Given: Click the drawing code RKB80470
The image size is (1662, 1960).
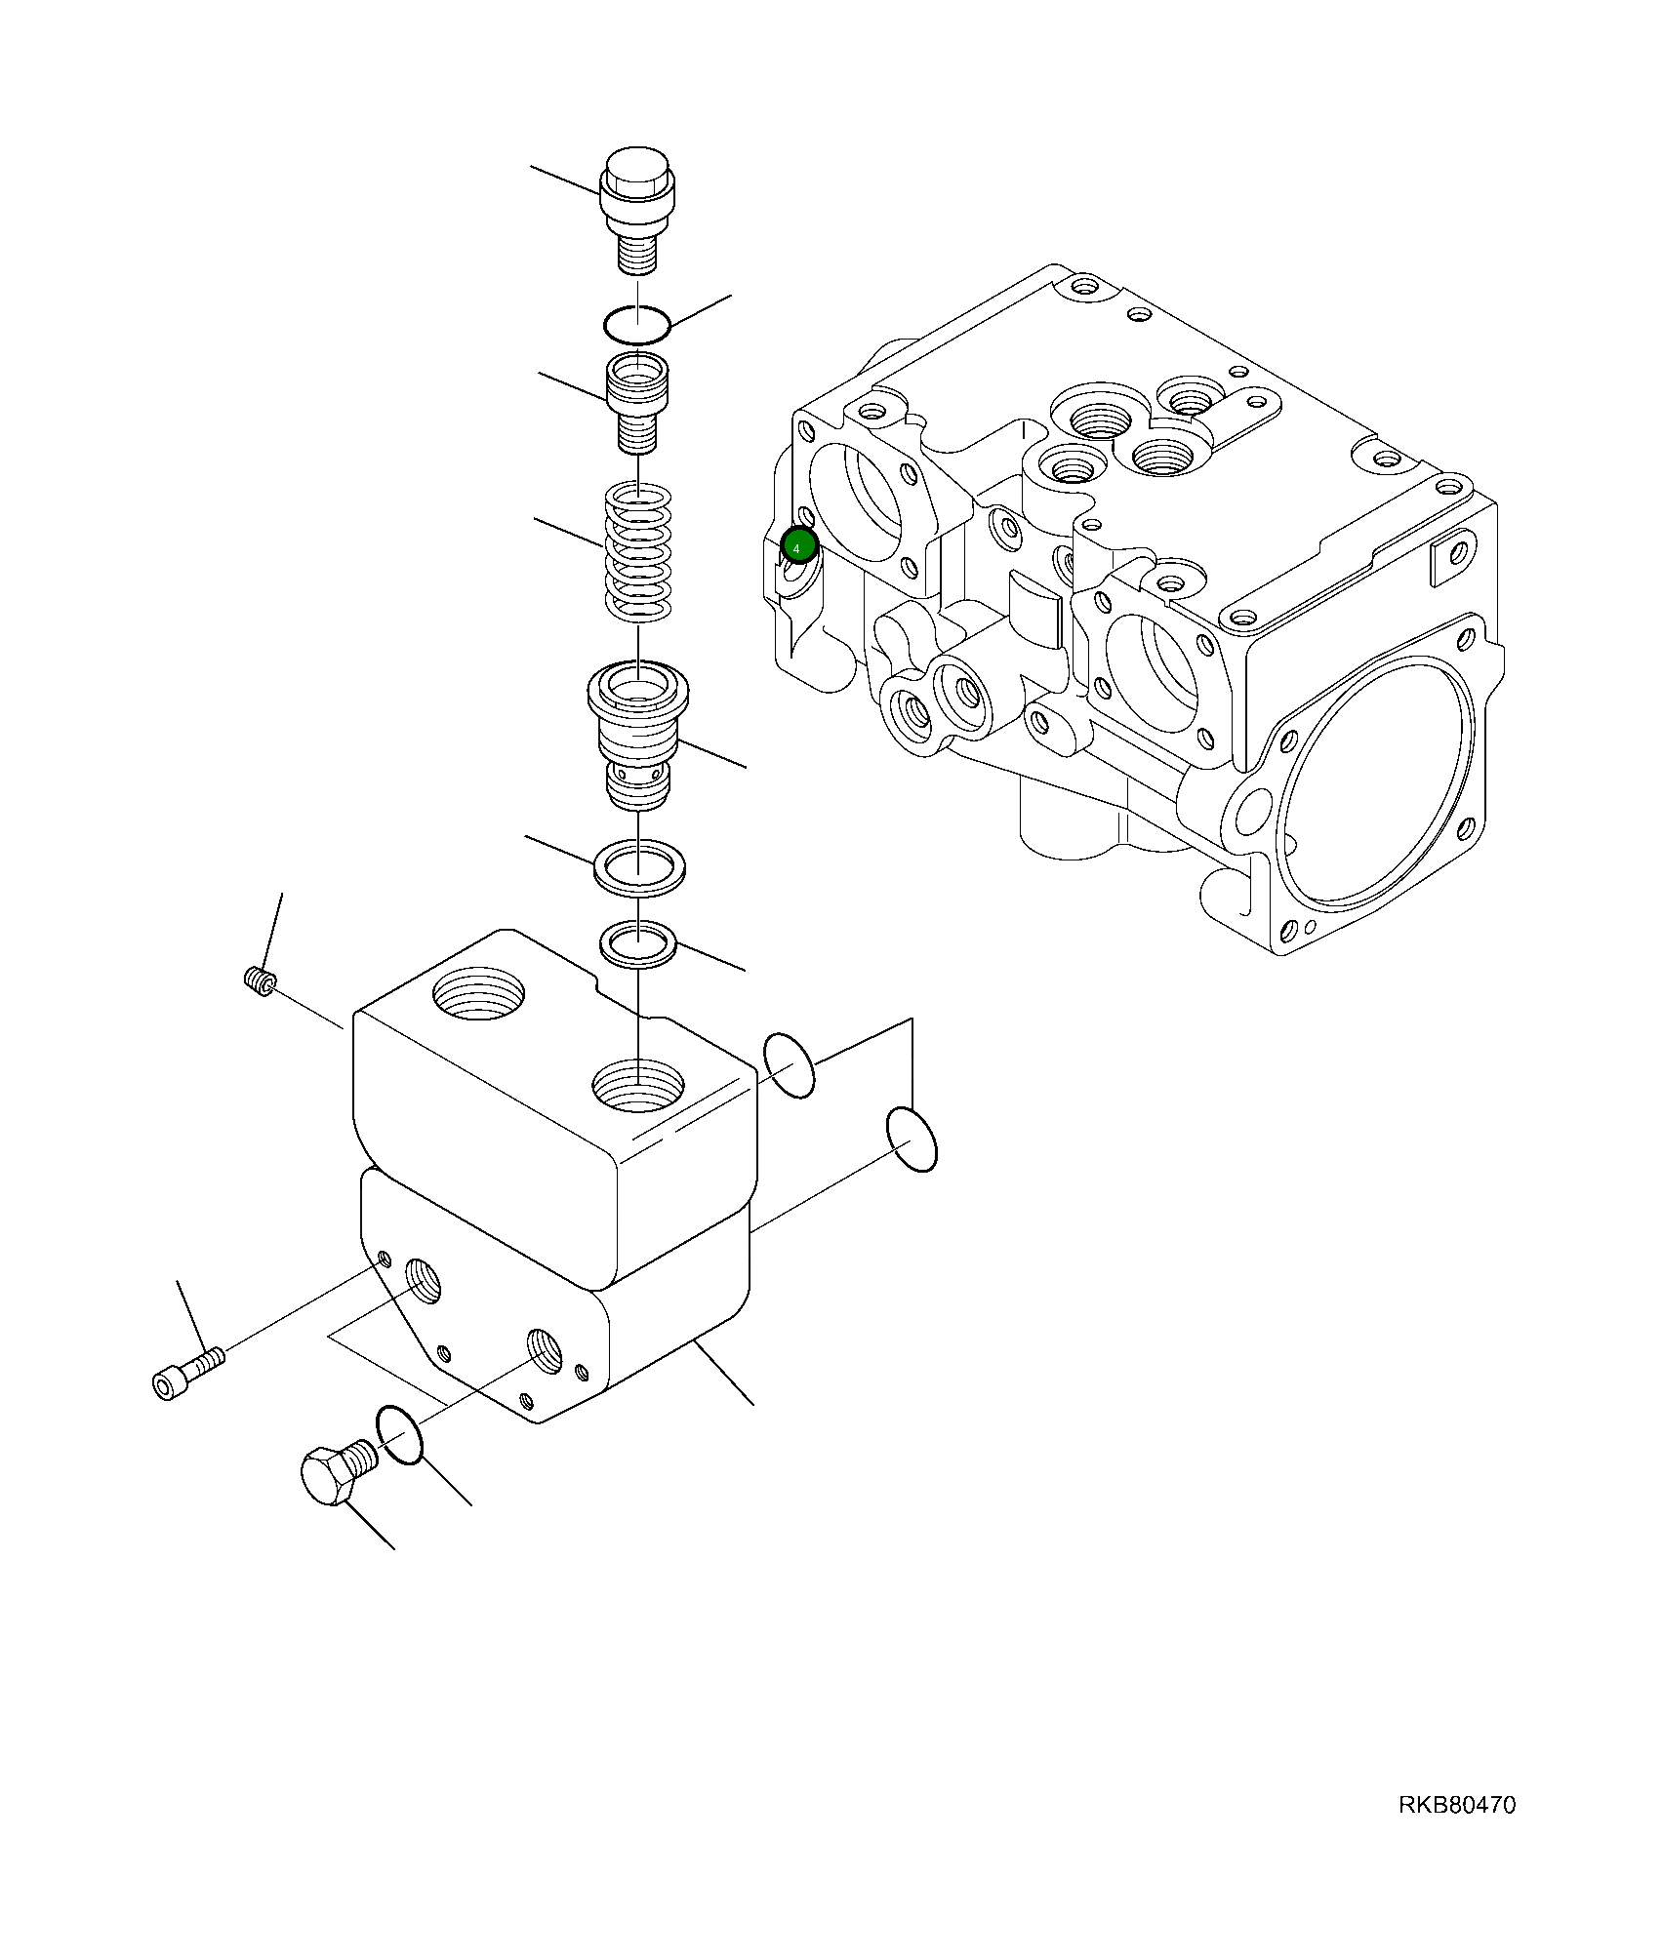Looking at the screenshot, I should (1457, 1805).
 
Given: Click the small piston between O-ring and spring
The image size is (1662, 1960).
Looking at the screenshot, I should (638, 402).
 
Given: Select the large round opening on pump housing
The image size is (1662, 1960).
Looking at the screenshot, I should (1378, 786).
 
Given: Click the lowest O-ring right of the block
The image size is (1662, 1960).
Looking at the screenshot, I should (912, 1140).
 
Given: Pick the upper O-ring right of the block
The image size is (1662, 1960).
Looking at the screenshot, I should (789, 1065).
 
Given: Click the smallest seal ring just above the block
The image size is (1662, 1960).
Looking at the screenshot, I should (637, 942).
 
